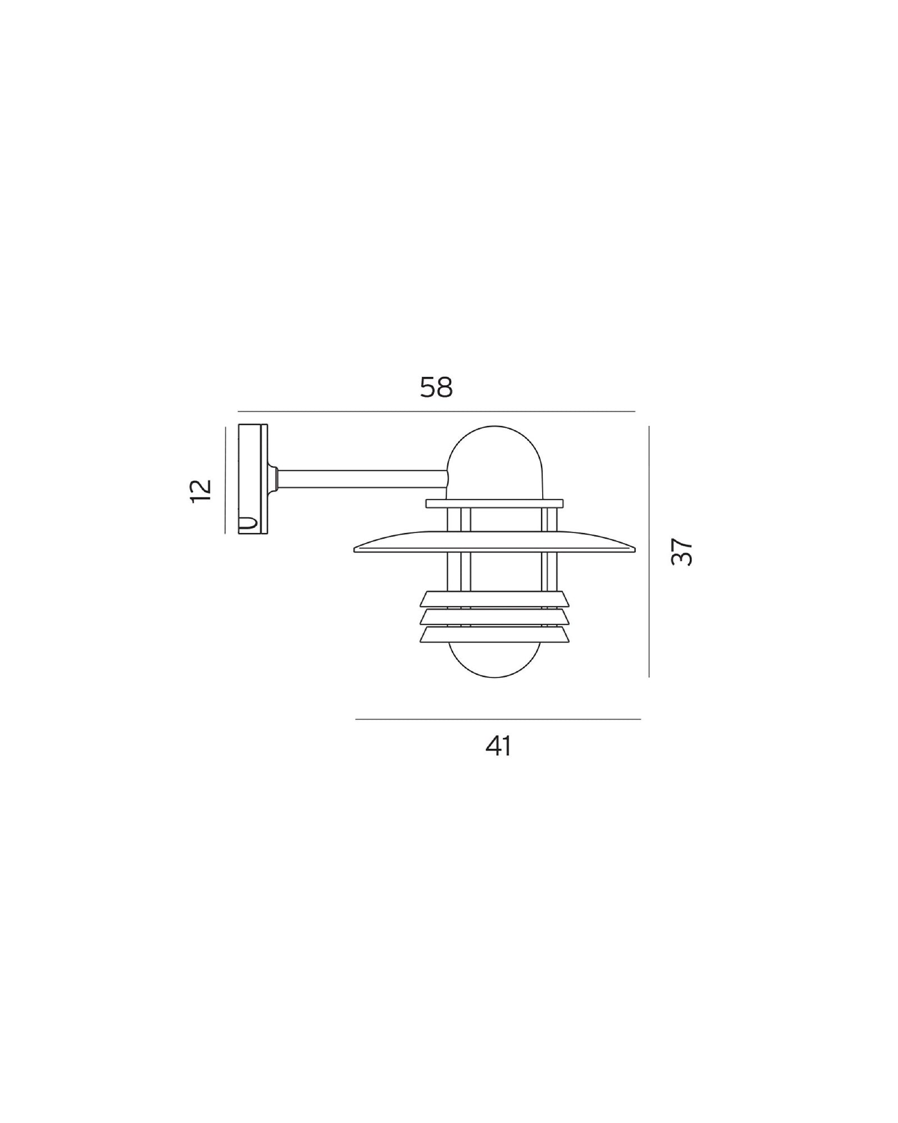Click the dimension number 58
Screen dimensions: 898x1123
point(436,387)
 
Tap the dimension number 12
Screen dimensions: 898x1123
point(200,491)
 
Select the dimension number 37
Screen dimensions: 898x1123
point(682,552)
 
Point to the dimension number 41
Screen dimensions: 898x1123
point(498,747)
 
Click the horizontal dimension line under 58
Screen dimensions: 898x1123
point(436,412)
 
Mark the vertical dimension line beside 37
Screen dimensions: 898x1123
point(649,551)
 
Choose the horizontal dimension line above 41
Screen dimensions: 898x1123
point(498,719)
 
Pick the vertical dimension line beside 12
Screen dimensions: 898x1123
point(225,480)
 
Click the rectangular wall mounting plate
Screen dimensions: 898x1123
point(253,478)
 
